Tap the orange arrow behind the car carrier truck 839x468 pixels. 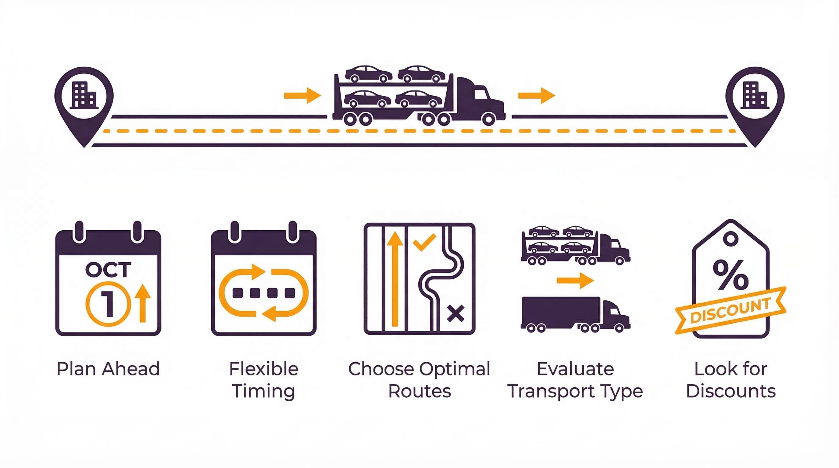302,95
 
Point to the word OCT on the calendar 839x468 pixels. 108,270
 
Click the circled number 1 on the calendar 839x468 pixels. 108,304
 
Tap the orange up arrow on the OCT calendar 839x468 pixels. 143,303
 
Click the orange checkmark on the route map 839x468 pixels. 424,242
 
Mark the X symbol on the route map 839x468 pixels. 455,314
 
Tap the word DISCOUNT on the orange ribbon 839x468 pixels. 730,310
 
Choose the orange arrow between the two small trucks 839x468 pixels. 575,280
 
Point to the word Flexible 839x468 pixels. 263,369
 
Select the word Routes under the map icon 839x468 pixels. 419,391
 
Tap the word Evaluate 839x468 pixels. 575,369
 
